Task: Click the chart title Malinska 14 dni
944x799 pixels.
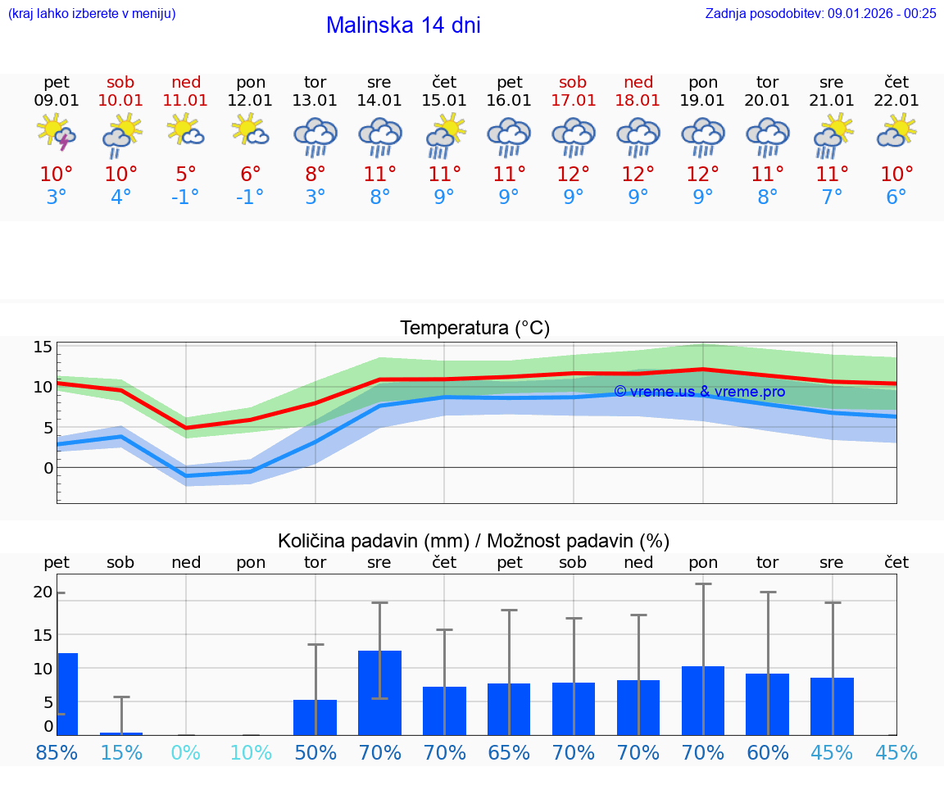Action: pos(403,25)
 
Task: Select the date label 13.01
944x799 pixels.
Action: pos(315,101)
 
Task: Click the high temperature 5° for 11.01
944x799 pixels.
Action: pos(186,175)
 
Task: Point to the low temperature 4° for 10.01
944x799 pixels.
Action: pos(120,197)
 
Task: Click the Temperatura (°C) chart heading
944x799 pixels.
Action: pos(474,329)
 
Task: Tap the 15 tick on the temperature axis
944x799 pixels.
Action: pos(43,347)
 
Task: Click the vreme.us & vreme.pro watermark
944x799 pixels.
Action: pos(699,392)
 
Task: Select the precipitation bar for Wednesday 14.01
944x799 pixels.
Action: pos(379,692)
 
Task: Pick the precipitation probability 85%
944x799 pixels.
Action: pos(57,752)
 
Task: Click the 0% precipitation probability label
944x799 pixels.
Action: pos(186,752)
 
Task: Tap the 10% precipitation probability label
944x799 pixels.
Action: pos(251,752)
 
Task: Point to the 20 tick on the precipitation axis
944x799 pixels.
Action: pos(43,592)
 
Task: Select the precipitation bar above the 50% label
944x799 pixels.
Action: pos(315,717)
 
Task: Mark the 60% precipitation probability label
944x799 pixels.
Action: pos(768,752)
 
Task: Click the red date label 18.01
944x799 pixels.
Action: pos(638,101)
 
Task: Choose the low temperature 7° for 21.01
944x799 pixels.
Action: pos(832,197)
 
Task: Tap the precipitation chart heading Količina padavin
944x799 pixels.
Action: pos(474,541)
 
